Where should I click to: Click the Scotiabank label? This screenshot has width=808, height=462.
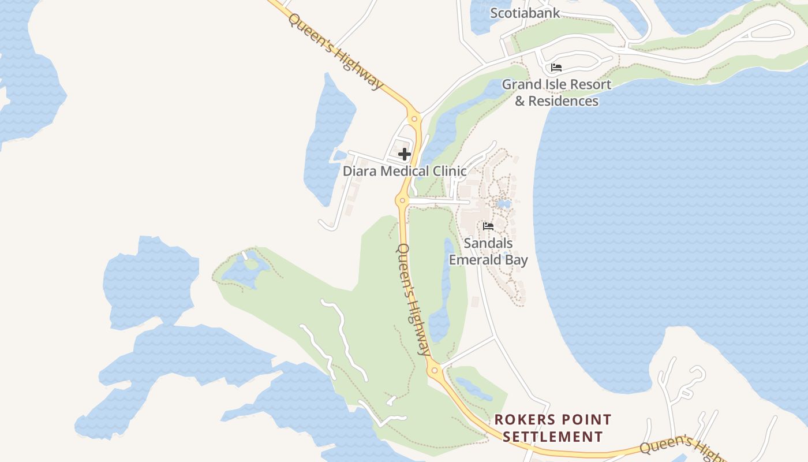click(525, 13)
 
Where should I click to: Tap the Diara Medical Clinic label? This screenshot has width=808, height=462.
click(405, 171)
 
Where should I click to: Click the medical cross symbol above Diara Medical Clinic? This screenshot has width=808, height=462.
click(405, 154)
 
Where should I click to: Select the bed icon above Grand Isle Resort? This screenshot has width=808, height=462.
click(556, 68)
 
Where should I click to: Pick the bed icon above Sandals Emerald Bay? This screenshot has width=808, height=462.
click(488, 226)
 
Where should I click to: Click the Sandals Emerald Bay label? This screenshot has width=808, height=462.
click(488, 252)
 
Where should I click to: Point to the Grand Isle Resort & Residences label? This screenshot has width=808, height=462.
click(556, 92)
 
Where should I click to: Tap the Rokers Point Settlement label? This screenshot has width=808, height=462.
click(552, 428)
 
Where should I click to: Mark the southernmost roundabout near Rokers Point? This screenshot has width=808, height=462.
click(434, 370)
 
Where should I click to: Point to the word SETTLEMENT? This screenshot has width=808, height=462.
click(552, 437)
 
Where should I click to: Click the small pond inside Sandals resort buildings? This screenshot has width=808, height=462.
click(503, 204)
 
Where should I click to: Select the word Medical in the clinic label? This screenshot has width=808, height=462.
click(404, 171)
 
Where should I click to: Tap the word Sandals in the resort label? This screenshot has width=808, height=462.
click(488, 243)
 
